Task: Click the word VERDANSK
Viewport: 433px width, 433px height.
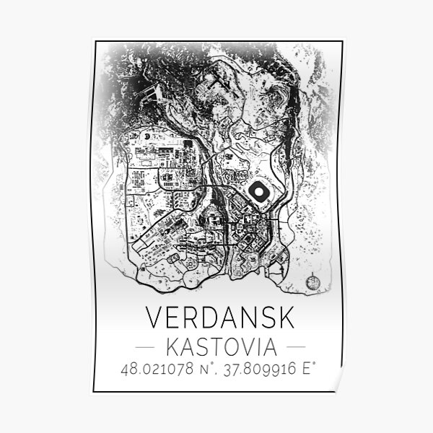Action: click(x=216, y=318)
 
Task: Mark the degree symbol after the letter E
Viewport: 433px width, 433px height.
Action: click(x=315, y=366)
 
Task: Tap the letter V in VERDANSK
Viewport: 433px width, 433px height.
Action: click(x=155, y=318)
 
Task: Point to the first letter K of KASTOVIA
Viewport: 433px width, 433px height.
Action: click(x=172, y=346)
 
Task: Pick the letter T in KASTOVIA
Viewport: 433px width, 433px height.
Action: click(x=214, y=346)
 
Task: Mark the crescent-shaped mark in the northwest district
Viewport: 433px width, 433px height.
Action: click(x=147, y=134)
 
